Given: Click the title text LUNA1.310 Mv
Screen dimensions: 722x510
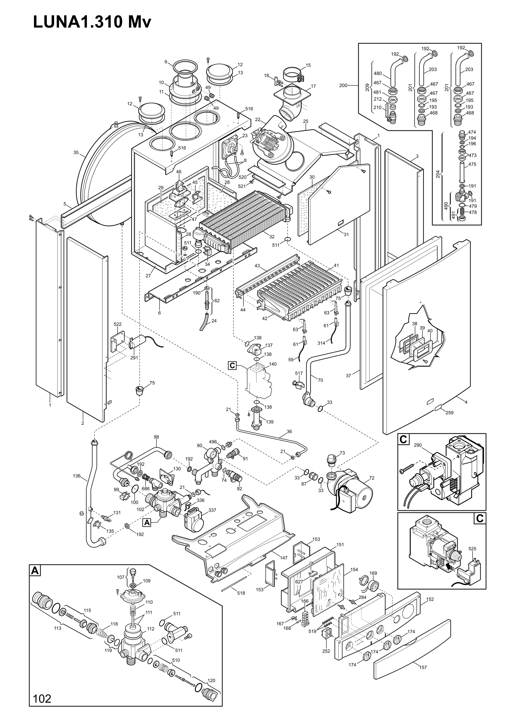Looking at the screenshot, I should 92,23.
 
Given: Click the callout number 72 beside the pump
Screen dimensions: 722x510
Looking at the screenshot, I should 372,478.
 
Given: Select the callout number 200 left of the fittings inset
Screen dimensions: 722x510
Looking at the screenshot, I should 343,85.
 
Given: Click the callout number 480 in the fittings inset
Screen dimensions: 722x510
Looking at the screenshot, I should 378,74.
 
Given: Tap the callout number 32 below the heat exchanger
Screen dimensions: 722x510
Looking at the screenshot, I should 272,236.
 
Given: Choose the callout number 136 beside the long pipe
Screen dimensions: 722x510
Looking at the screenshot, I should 77,476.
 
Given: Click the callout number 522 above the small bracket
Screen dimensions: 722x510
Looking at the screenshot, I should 118,324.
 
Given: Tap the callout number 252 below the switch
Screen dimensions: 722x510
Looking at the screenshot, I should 326,651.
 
